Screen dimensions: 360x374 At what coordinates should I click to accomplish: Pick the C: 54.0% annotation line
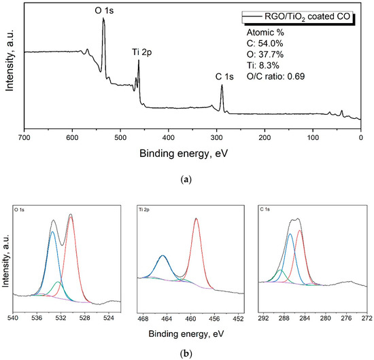click(279, 43)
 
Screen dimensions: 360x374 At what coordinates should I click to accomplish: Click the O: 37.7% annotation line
click(279, 54)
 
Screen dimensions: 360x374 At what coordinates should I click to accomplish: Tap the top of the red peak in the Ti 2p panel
click(197, 219)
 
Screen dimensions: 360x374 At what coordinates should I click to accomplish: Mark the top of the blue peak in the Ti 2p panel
click(163, 256)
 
